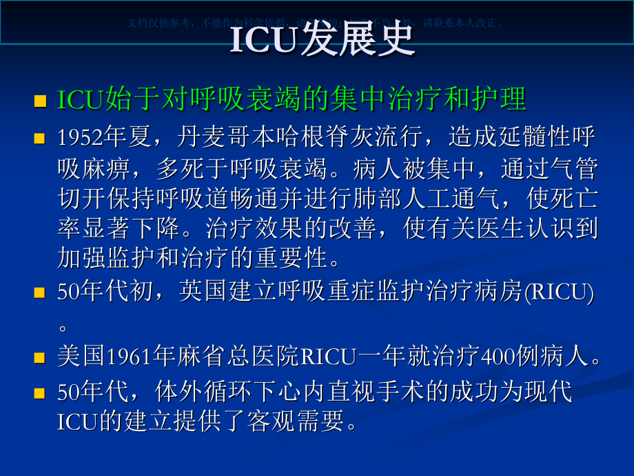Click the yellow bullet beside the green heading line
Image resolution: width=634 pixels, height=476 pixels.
(x=41, y=101)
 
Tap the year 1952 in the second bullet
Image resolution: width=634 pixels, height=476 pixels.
(x=79, y=138)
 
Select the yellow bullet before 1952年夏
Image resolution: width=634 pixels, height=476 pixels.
(x=41, y=139)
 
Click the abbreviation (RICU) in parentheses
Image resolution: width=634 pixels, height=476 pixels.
(x=559, y=292)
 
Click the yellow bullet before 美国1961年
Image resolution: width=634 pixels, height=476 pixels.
(x=41, y=358)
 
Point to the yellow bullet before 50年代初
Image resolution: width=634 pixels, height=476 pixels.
(x=41, y=293)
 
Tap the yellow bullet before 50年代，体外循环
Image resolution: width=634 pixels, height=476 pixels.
(x=41, y=394)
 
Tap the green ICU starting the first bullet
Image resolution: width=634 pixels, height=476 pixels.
(x=79, y=100)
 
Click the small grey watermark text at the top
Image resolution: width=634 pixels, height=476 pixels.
(x=316, y=22)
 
